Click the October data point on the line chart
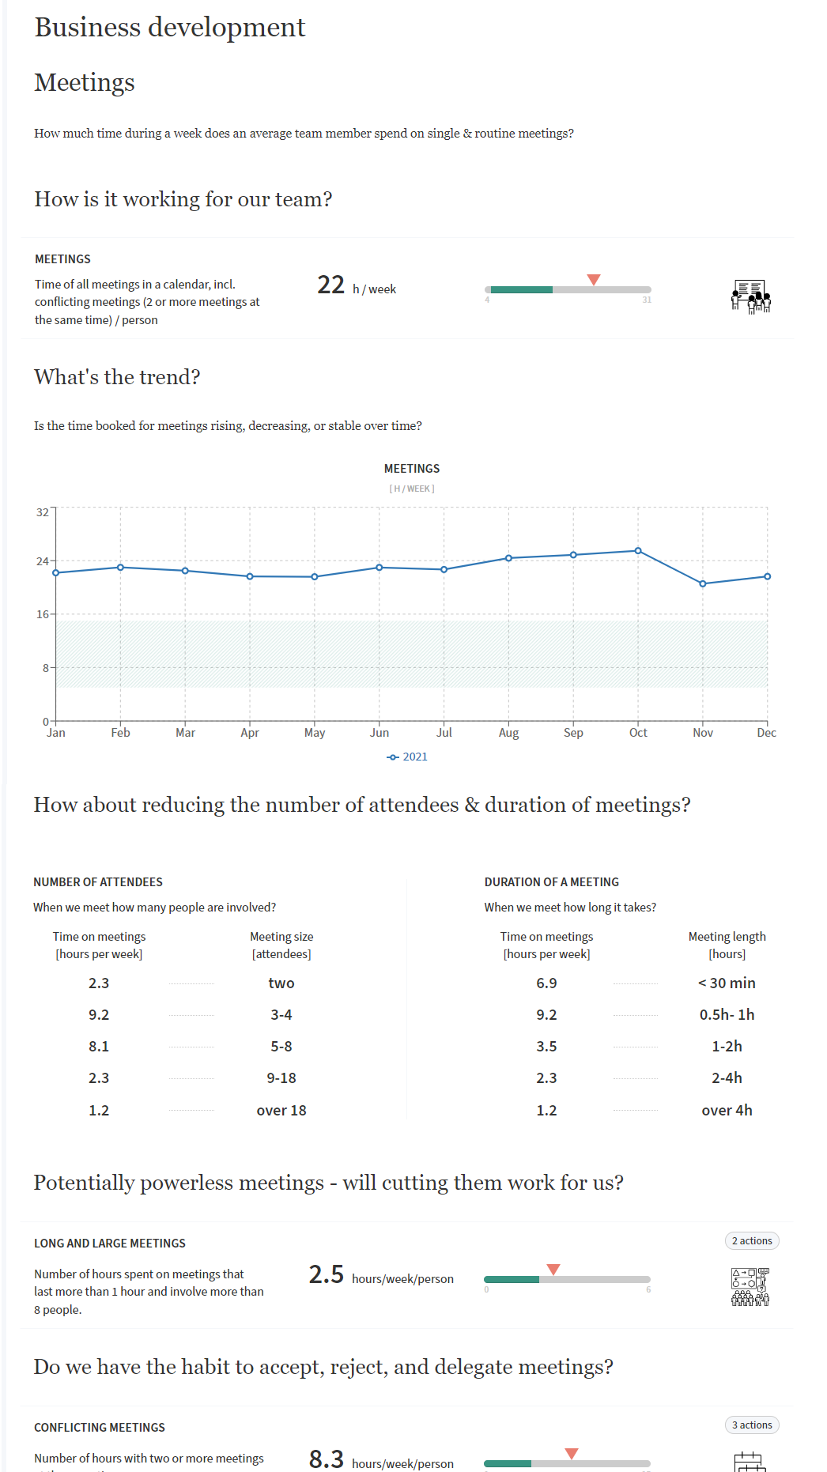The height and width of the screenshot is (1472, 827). coord(638,551)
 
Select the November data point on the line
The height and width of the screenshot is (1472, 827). coord(703,583)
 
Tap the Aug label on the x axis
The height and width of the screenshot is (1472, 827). coord(508,733)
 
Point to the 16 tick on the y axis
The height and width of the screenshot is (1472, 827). coord(43,614)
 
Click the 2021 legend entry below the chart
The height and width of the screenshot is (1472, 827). coord(407,757)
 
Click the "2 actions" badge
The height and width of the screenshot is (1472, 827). coord(751,1240)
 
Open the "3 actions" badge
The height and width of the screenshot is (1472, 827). coord(751,1425)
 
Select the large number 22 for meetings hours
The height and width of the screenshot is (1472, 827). coord(330,285)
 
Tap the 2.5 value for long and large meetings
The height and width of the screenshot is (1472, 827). coord(326,1274)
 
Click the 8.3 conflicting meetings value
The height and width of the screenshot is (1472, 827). coord(326,1459)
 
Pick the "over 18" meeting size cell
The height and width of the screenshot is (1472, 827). coord(281,1110)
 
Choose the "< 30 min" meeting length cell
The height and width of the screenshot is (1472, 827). coord(727,983)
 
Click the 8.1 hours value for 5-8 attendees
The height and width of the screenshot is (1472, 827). coord(99,1046)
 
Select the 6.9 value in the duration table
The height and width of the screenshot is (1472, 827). coord(546,983)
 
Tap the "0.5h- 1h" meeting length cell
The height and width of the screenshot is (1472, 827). coord(727,1014)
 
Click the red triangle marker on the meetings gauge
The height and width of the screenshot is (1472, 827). coord(594,279)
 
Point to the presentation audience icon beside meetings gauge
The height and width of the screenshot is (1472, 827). coord(750,296)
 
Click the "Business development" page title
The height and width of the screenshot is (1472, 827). coord(170,27)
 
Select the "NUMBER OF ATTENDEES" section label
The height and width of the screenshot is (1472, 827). coord(98,881)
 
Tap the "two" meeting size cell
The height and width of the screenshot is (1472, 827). coord(281,983)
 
